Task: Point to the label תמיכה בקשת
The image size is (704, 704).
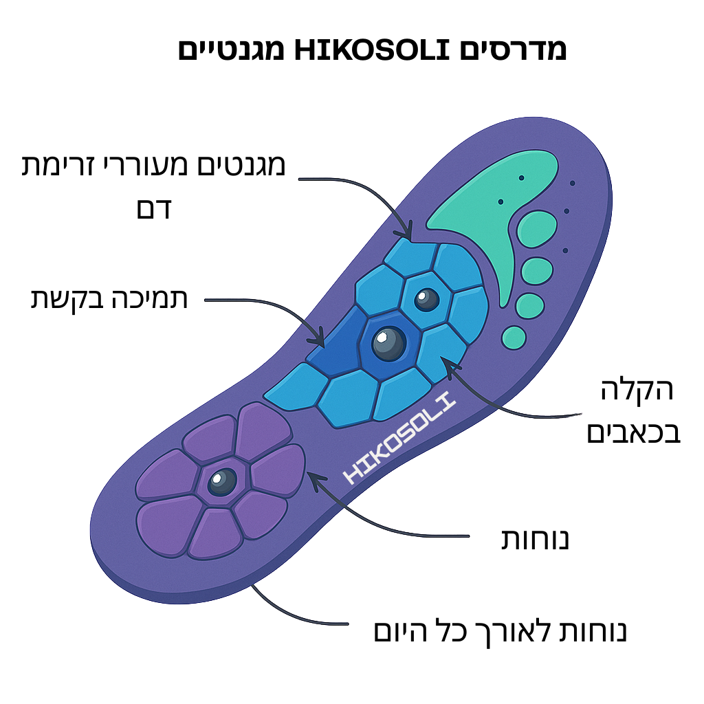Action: point(109,299)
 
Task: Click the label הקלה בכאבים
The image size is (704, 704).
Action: point(633,412)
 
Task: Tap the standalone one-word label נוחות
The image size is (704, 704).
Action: point(534,540)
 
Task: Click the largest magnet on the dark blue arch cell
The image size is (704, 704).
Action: point(388,342)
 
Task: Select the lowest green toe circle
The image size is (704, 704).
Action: point(514,337)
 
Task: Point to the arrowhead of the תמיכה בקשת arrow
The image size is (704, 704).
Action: point(320,342)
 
